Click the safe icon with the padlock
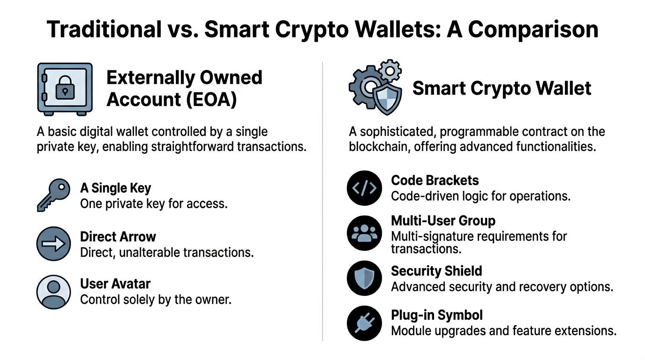(x=64, y=89)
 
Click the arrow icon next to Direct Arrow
(x=53, y=244)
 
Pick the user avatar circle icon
(x=53, y=292)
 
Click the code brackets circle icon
(x=364, y=188)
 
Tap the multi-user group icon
(x=364, y=233)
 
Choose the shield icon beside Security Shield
(x=364, y=278)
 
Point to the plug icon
(x=364, y=322)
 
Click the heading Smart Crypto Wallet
(x=502, y=88)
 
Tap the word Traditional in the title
(x=104, y=30)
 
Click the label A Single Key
(x=116, y=188)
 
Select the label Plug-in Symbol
(x=437, y=315)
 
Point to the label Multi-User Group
(x=443, y=220)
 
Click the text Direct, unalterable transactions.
(x=167, y=252)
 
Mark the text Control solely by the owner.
(x=156, y=299)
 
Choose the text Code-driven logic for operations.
(x=480, y=195)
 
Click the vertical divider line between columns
(x=322, y=202)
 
